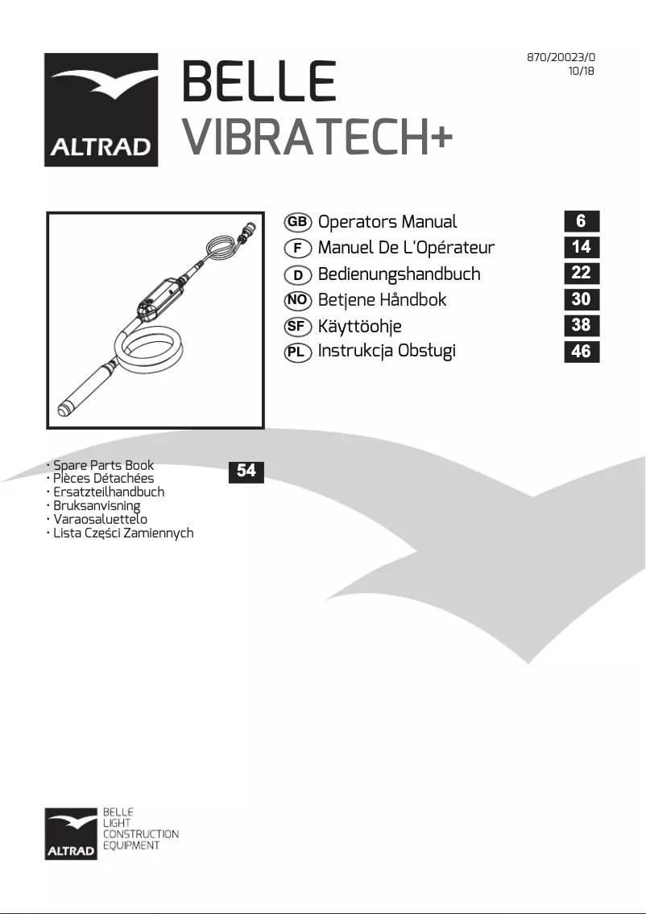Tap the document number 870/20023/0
tap(561, 57)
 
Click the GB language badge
tap(298, 222)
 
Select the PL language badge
tap(298, 351)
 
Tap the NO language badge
tap(298, 299)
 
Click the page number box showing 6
tap(581, 221)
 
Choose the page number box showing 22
tap(581, 273)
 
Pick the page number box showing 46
tap(581, 350)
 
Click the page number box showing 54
tap(246, 471)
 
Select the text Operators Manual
tap(387, 222)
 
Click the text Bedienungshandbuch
tap(399, 274)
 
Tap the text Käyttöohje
tap(359, 326)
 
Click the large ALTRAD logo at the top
tap(101, 110)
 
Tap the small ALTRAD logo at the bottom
tap(72, 833)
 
